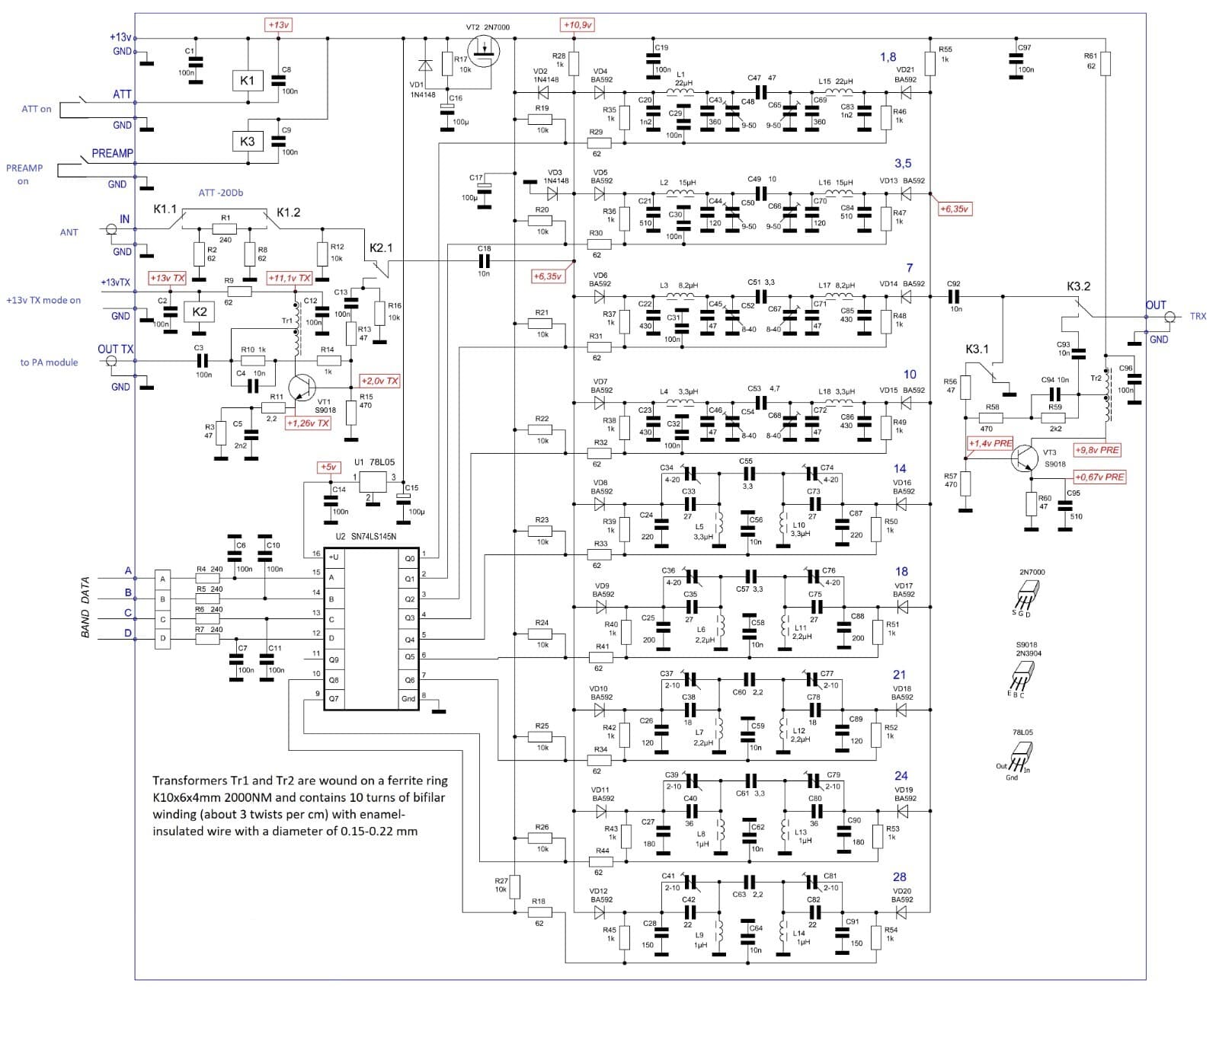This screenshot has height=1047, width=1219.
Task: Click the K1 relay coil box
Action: [247, 81]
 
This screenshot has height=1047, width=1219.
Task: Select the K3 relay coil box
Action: [247, 142]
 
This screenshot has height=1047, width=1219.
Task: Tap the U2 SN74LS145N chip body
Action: [371, 629]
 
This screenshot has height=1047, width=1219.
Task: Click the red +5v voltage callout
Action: [328, 467]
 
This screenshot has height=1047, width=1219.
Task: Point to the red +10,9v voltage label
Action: [578, 25]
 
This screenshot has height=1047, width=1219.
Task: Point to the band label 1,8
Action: [888, 57]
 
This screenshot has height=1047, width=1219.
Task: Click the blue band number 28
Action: [899, 877]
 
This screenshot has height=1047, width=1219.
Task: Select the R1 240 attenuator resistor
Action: [225, 228]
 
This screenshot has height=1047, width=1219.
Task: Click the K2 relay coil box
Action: [200, 312]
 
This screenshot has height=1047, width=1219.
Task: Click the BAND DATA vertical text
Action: [85, 607]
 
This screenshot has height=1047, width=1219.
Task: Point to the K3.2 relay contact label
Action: [1078, 286]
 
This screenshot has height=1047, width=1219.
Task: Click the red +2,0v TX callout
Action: [379, 381]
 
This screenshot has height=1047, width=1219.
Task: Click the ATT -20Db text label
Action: [221, 193]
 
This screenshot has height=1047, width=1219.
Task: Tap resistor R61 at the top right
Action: [1105, 64]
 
